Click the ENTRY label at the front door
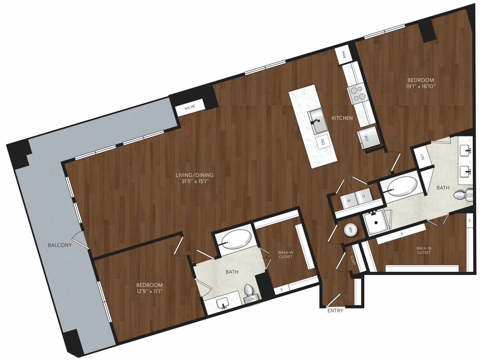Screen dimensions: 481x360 click(x=335, y=311)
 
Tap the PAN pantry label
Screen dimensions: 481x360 click(x=343, y=54)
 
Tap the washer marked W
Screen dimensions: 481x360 click(x=349, y=200)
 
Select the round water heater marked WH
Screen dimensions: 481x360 click(x=350, y=230)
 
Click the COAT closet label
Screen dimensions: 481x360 click(x=353, y=260)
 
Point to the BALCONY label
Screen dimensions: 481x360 click(x=60, y=245)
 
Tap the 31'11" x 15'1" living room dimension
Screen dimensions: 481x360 click(x=194, y=182)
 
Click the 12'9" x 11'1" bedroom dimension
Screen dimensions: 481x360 click(x=149, y=292)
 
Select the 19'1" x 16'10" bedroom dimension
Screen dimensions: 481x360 click(x=420, y=86)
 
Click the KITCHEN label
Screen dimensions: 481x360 click(x=342, y=118)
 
